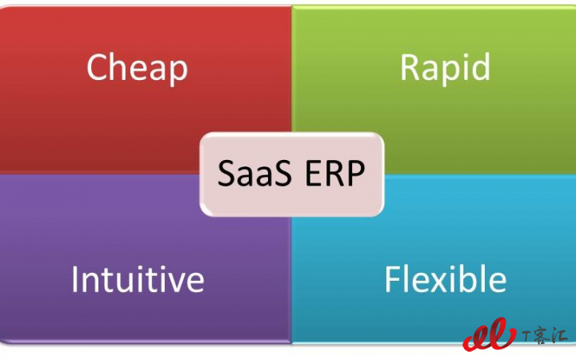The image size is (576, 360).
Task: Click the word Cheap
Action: pos(137,68)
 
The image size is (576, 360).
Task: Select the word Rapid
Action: pos(446,68)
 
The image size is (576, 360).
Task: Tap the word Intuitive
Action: pos(138,279)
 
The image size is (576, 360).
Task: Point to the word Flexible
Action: pos(446,279)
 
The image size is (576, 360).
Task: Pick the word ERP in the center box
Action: pos(335,173)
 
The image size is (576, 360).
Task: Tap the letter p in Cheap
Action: pos(178,73)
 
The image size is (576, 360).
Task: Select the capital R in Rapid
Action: pos(409,66)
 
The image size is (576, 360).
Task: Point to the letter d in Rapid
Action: pos(481,66)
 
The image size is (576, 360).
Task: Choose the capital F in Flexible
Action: pos(393,279)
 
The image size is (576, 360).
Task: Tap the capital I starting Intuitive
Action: pos(74,279)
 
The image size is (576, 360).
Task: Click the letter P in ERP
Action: pos(356,173)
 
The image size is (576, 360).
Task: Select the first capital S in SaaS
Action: pos(226,173)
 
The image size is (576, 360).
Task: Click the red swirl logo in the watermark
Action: pos(490,334)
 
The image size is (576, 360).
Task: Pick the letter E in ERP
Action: pos(314,173)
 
